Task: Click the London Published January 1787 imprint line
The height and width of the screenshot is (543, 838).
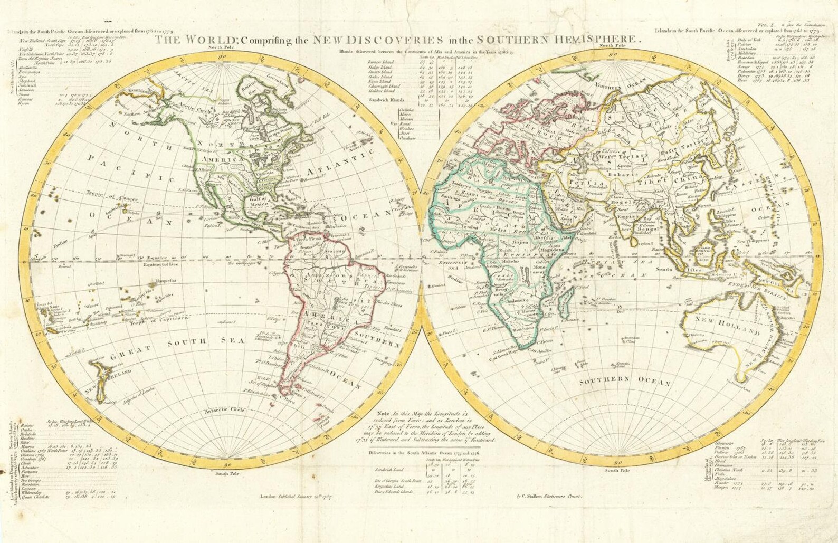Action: [x=303, y=496]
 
